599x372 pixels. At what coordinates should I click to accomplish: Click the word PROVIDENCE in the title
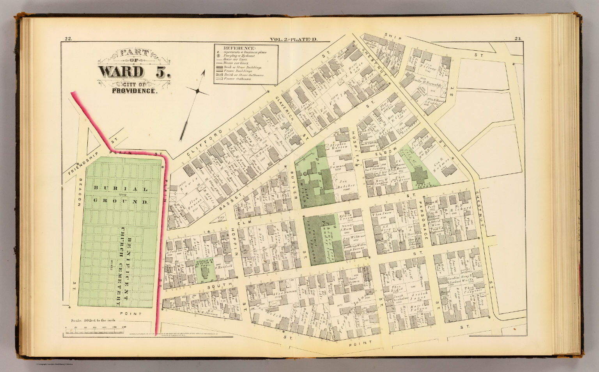[x=135, y=91]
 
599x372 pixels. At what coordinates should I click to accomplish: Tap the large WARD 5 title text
[x=135, y=72]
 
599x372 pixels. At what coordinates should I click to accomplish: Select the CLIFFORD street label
[x=204, y=140]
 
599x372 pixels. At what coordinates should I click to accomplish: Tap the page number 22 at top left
[x=68, y=38]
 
